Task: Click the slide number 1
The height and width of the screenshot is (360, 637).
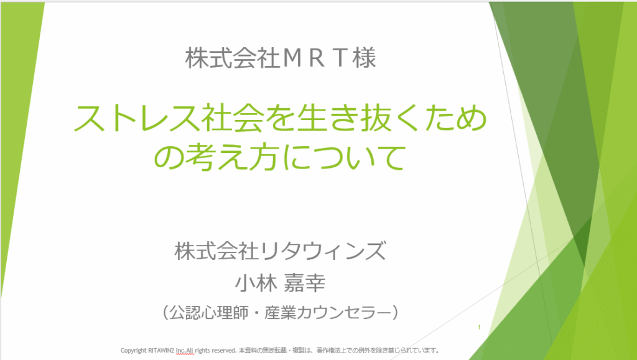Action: pyautogui.click(x=480, y=327)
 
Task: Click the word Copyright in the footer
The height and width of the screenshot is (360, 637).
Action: pyautogui.click(x=133, y=350)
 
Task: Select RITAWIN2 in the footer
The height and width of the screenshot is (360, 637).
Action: pyautogui.click(x=162, y=350)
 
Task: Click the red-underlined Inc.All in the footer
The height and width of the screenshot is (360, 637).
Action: pyautogui.click(x=185, y=350)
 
